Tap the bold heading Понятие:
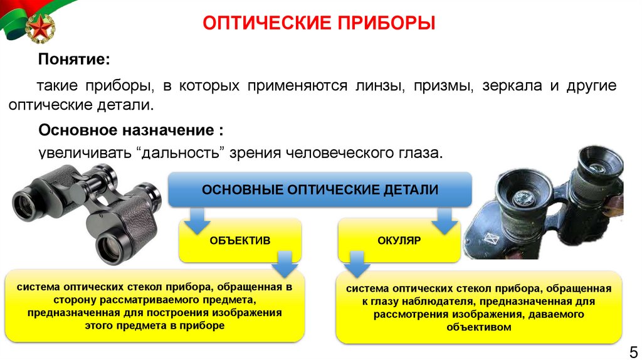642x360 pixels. click(74, 59)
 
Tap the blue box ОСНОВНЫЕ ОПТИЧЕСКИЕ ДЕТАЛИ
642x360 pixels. click(320, 189)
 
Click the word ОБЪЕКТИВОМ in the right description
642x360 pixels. click(480, 327)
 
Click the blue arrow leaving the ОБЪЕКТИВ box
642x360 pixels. click(283, 263)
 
